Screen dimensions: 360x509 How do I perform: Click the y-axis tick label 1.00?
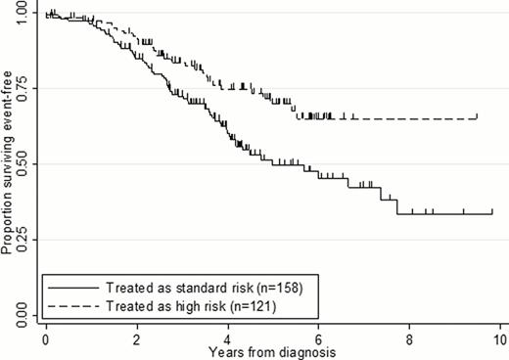(22, 15)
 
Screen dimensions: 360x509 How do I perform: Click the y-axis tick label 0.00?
(22, 315)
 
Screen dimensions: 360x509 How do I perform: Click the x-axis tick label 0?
(46, 337)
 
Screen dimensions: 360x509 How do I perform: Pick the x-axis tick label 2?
(137, 337)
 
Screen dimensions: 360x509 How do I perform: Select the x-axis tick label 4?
(228, 337)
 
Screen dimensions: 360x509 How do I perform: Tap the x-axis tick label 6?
(319, 337)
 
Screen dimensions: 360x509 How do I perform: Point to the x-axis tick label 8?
(410, 337)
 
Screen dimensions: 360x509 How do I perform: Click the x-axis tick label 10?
(500, 337)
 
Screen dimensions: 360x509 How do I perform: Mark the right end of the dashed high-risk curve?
(477, 118)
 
